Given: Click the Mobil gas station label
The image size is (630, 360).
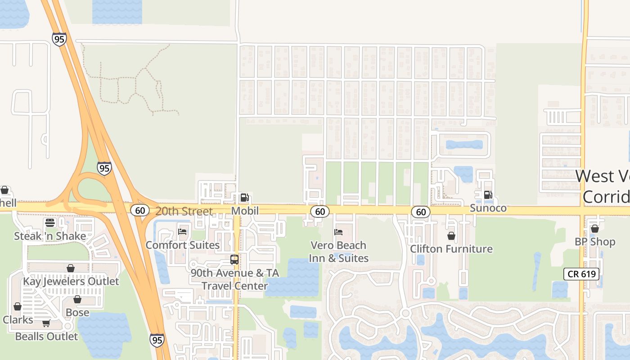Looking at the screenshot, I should [x=245, y=211].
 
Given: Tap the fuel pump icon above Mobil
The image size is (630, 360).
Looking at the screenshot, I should [x=244, y=198].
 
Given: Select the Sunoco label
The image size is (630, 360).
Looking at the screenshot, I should [x=488, y=208].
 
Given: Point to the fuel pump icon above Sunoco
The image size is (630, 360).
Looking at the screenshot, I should [x=487, y=195].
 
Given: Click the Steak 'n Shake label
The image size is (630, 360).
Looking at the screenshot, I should [x=50, y=236].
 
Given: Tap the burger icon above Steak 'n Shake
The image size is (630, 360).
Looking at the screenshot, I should [x=50, y=223].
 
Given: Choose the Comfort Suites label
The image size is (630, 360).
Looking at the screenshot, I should [x=182, y=245].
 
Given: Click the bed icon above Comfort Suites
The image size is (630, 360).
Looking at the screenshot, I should [x=182, y=232].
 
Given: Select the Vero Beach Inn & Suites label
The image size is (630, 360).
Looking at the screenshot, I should [x=338, y=252].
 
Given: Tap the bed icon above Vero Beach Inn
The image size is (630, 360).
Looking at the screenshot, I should [x=338, y=232].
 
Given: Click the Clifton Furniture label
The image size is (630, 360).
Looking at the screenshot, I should [x=451, y=249].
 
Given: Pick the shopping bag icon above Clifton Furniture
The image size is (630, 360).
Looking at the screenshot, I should [x=451, y=236].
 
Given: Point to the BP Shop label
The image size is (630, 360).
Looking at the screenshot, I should [x=594, y=242].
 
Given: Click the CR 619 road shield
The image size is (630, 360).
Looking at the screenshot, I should [x=581, y=274].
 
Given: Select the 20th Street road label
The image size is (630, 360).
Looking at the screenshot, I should [x=184, y=211].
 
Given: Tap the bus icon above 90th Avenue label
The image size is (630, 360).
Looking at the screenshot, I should [x=234, y=260].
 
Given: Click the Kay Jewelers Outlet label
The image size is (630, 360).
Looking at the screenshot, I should [x=71, y=281].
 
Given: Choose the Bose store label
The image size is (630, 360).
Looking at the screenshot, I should [x=77, y=312].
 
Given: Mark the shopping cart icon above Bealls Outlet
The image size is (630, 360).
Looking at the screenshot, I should [x=46, y=323].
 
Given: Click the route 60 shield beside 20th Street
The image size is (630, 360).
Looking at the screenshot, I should [x=140, y=210].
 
